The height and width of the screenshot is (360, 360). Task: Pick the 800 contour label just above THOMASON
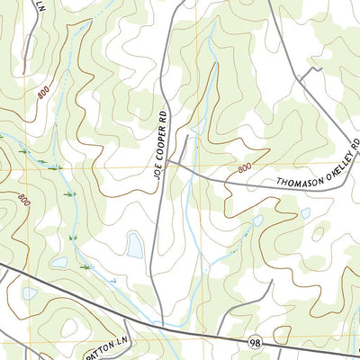(245, 168)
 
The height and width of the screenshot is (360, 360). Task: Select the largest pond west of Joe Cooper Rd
(135, 244)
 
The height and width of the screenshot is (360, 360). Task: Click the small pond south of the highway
(30, 293)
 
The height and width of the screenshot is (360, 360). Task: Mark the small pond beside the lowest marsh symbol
(60, 263)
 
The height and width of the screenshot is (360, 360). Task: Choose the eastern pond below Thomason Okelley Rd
(305, 214)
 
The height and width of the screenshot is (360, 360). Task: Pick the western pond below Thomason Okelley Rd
(257, 220)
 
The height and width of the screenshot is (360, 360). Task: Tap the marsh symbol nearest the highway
(85, 266)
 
